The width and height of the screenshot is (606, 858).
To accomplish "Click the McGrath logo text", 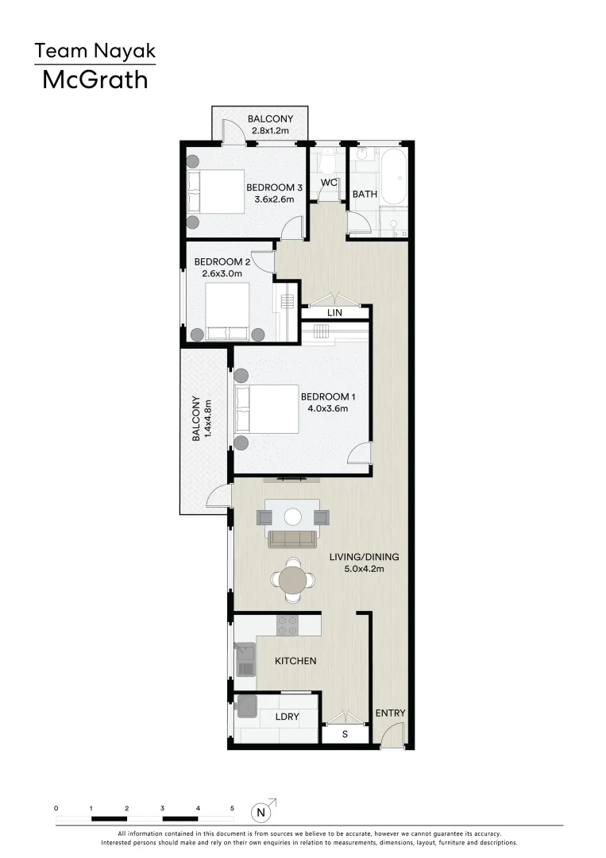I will click(x=95, y=79).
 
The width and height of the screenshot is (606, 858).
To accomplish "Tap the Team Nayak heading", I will click(x=95, y=52).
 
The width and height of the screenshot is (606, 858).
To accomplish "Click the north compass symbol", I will click(x=261, y=812).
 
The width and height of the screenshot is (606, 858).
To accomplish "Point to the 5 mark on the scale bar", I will click(x=232, y=808).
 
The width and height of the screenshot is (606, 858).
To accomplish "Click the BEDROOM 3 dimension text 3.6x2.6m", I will click(x=274, y=199).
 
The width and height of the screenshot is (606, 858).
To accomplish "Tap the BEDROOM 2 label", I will click(x=222, y=261).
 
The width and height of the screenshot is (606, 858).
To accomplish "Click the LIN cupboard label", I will click(x=335, y=313).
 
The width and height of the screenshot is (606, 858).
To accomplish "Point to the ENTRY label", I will click(x=390, y=713).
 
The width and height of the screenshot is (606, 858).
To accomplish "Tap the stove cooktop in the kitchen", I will click(x=288, y=625).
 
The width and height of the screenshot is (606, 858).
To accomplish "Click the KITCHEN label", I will click(x=295, y=661).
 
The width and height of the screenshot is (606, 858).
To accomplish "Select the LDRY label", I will click(x=287, y=717).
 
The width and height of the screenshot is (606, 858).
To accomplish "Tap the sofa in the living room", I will click(x=293, y=539).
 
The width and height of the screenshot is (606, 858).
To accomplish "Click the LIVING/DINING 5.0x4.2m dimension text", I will click(x=364, y=569).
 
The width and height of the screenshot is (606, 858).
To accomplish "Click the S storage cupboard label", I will click(x=345, y=734).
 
